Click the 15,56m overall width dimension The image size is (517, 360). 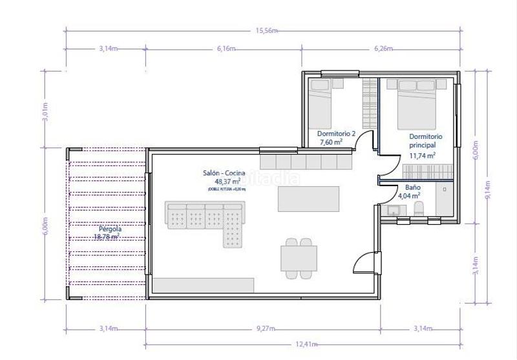[x=266, y=30]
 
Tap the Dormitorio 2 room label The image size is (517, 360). [x=336, y=134]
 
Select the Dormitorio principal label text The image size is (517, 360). [x=426, y=141]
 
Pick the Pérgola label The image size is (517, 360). [x=111, y=229]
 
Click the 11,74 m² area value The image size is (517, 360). [x=422, y=155]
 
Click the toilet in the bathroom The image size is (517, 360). [x=419, y=207]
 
